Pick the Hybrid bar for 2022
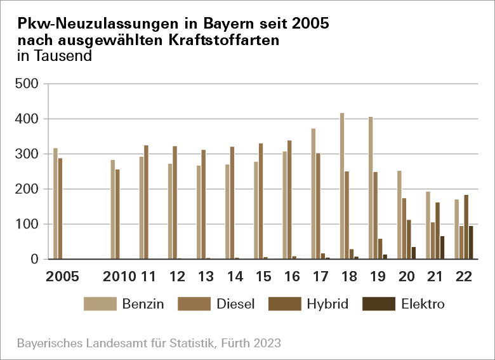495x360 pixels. click(466, 227)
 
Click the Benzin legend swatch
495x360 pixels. click(100, 303)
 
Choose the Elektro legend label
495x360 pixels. click(423, 304)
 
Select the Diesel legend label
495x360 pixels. click(235, 304)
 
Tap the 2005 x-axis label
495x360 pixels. click(62, 277)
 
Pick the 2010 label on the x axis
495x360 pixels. click(119, 277)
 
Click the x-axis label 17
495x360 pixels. click(319, 277)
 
